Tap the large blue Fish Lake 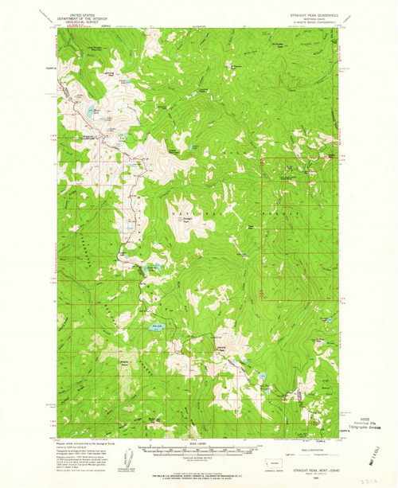click(x=157, y=324)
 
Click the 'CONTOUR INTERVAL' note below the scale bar click(x=199, y=461)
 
